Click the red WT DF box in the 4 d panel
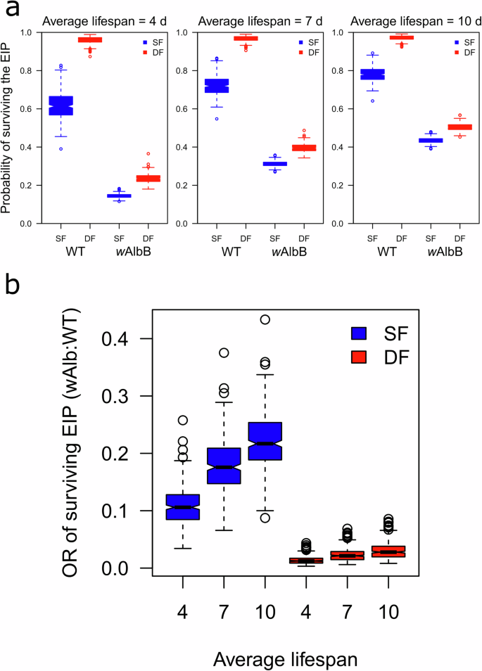tap(90, 40)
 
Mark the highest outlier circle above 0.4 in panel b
tap(265, 319)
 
